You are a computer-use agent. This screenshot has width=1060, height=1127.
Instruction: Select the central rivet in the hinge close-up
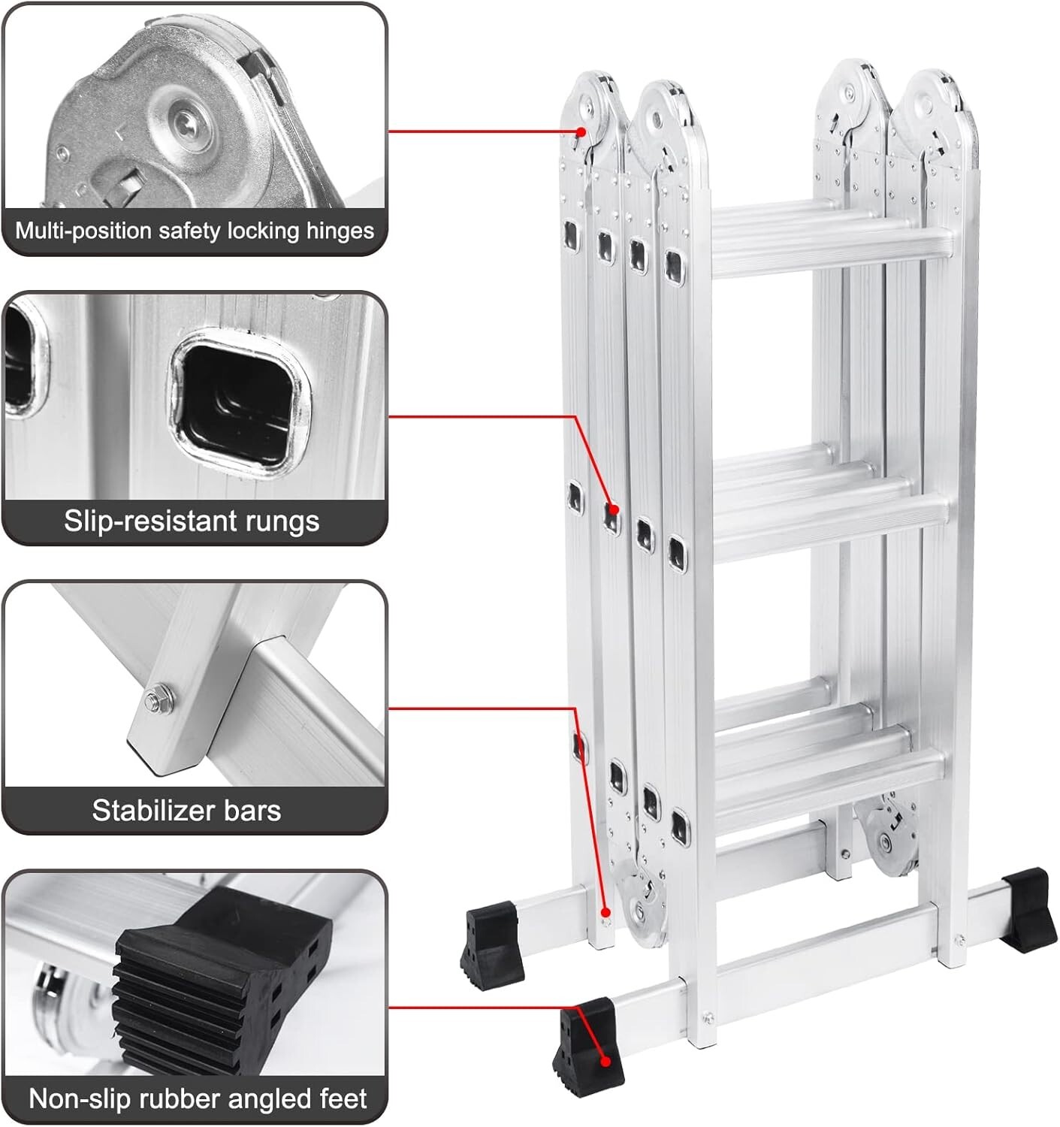pos(183,119)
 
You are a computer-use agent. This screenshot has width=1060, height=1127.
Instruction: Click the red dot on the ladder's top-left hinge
pos(581,131)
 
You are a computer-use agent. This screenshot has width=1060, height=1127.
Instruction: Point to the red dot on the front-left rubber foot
pos(603,1061)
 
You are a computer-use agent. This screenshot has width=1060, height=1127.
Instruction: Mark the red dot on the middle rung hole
pos(614,509)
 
